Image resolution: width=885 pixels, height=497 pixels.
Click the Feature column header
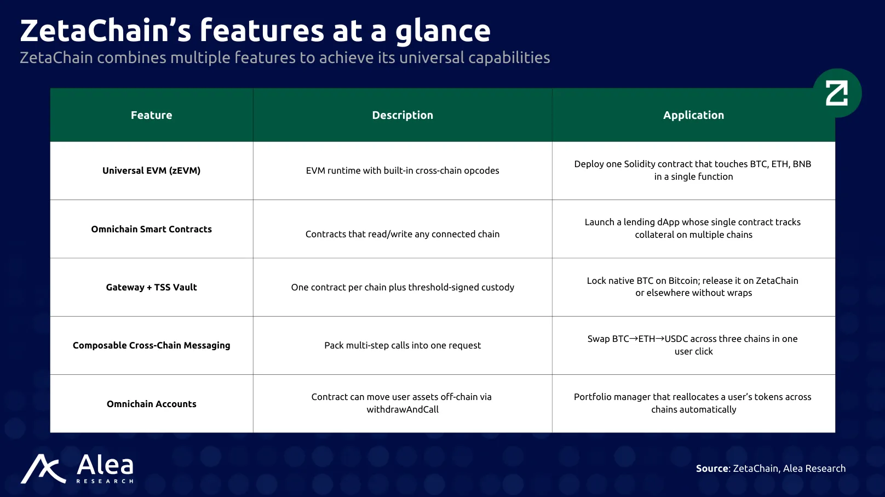(151, 115)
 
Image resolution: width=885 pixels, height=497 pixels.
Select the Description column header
(403, 115)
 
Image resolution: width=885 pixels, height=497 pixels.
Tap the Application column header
(693, 115)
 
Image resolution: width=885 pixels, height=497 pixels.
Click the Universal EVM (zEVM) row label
(151, 170)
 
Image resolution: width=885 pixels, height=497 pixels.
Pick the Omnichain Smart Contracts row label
(151, 229)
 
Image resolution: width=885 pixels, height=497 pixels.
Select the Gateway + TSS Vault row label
(151, 287)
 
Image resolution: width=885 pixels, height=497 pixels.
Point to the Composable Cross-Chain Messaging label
(151, 345)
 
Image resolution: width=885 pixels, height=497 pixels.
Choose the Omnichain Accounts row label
(151, 404)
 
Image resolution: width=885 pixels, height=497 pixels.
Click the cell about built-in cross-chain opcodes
(403, 170)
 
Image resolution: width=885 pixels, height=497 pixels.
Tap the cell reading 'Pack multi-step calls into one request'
(403, 345)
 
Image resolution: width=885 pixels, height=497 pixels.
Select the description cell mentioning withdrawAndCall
(402, 403)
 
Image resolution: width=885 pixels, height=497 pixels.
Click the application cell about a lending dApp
(693, 228)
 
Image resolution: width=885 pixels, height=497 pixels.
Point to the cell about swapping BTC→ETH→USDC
(693, 345)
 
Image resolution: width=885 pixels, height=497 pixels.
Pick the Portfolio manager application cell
(693, 403)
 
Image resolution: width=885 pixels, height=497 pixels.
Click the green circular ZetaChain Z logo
(837, 93)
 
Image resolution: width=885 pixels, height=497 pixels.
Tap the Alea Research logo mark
(43, 469)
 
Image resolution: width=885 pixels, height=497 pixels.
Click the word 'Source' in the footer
(712, 468)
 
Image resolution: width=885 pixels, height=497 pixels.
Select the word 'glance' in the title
(443, 32)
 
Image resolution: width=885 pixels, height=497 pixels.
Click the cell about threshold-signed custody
(403, 287)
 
